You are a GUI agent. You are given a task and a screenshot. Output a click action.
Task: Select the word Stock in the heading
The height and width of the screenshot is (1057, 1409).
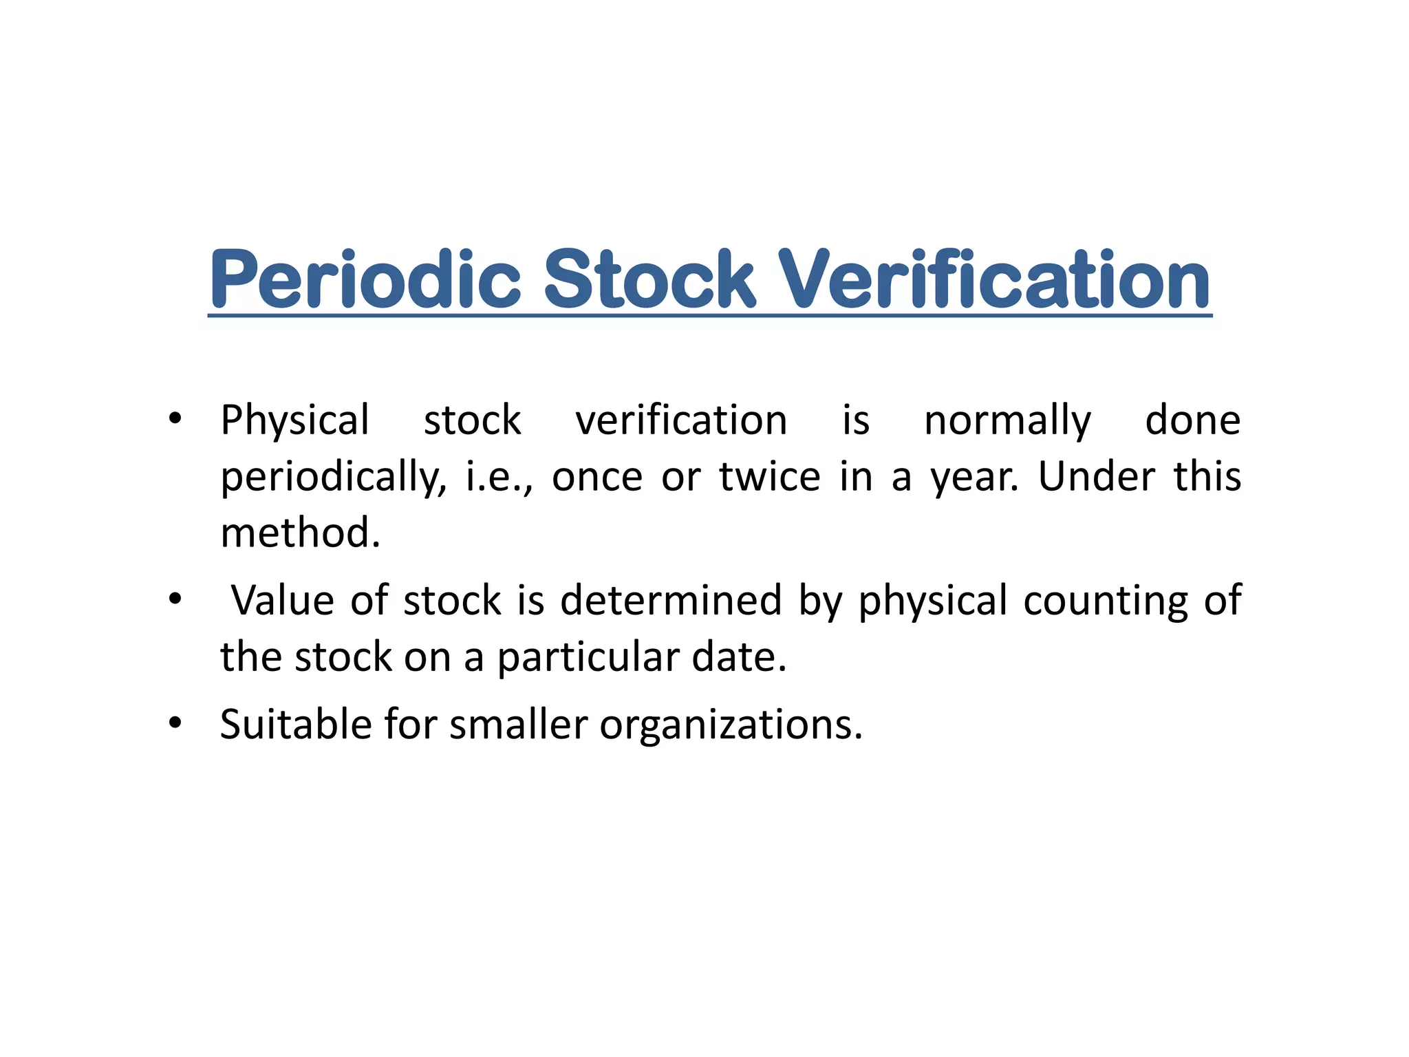649,279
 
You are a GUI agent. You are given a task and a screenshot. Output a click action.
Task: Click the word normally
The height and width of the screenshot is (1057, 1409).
1007,421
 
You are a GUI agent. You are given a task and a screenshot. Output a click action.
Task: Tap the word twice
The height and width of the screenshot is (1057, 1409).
770,476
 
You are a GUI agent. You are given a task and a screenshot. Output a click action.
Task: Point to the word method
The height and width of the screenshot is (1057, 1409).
300,533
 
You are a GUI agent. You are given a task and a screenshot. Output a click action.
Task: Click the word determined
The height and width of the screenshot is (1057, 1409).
671,599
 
